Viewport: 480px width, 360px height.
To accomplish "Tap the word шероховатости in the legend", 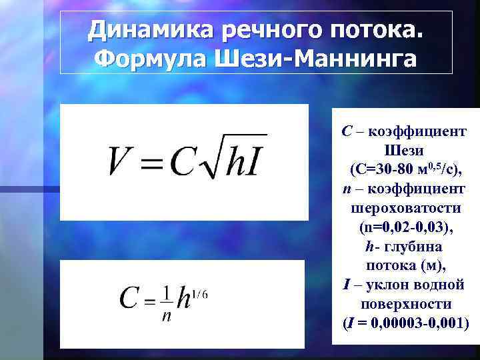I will [x=405, y=209].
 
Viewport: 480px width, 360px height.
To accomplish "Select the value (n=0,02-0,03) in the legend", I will [x=405, y=227].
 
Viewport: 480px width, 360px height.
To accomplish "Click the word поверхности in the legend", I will [x=405, y=304].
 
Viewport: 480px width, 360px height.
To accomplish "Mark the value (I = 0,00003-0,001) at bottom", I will [x=405, y=323].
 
